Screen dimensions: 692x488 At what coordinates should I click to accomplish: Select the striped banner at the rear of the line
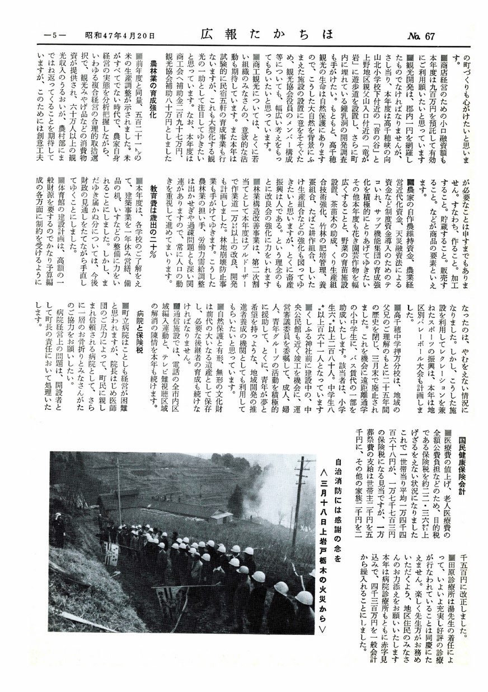(112, 557)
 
